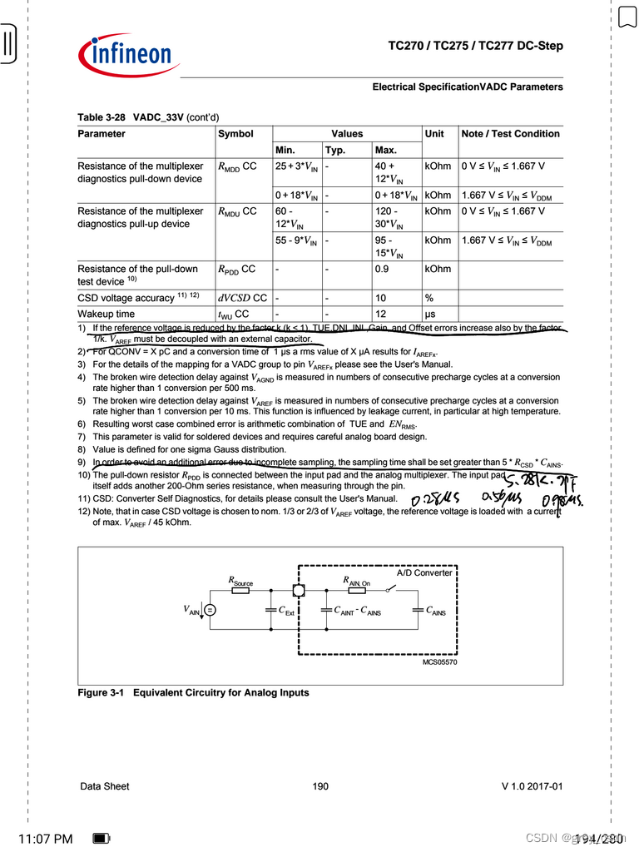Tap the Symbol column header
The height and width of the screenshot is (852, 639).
235,134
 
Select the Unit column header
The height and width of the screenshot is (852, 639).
434,134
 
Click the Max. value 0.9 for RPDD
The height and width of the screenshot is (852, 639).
384,270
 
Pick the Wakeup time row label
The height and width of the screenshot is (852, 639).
106,315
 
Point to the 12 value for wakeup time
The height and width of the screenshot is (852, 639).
380,315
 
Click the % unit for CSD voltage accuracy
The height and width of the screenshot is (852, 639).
429,298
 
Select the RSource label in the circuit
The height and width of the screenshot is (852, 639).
240,582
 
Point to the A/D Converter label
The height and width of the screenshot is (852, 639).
424,573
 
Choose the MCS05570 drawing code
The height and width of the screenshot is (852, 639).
439,662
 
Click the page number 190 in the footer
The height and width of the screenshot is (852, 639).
320,786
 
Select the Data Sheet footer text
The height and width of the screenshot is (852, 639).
104,786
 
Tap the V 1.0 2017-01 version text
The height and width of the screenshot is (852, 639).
532,786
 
